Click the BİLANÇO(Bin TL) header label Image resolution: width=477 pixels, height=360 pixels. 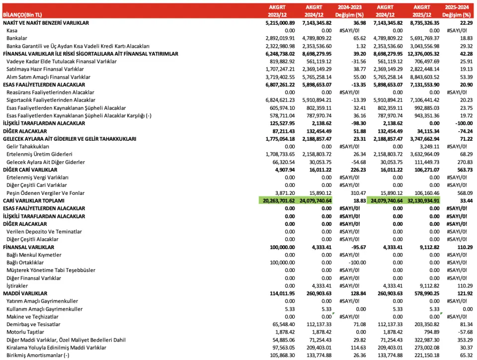[23, 15]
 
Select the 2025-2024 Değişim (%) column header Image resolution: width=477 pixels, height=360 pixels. [457, 11]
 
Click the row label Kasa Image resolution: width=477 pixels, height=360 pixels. [12, 30]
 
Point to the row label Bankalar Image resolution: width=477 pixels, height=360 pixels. [17, 38]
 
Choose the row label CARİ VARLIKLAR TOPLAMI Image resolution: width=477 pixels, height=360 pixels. [36, 200]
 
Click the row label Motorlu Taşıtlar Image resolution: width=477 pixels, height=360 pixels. [25, 332]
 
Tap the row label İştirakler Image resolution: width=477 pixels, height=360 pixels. [17, 285]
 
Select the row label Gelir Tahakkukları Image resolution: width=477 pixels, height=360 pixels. [28, 147]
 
